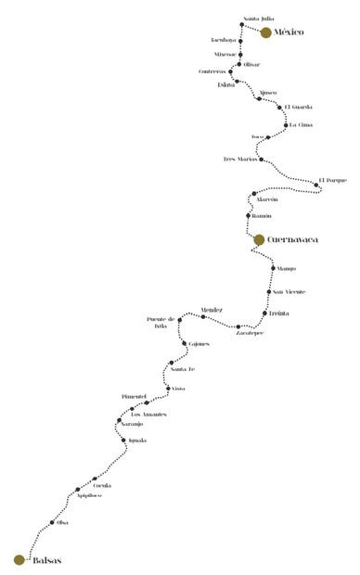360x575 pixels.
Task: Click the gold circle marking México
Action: click(266, 32)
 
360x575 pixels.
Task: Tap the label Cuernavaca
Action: click(292, 239)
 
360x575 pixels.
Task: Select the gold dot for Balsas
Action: click(19, 559)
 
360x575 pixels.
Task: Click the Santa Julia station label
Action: click(258, 19)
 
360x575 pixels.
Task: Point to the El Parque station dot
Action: click(316, 185)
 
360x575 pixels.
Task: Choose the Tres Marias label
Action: click(239, 160)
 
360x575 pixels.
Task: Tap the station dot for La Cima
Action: click(286, 124)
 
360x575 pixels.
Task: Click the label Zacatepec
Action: click(250, 334)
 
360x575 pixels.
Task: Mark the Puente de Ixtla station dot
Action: click(180, 320)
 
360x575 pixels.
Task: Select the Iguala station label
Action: click(138, 440)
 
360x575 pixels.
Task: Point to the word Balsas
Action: click(45, 559)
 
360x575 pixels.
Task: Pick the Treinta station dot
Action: click(264, 313)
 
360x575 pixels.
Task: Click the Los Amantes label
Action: click(148, 414)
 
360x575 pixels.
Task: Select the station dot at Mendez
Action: click(203, 317)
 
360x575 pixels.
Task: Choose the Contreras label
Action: click(212, 71)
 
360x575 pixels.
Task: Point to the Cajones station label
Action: click(199, 344)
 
